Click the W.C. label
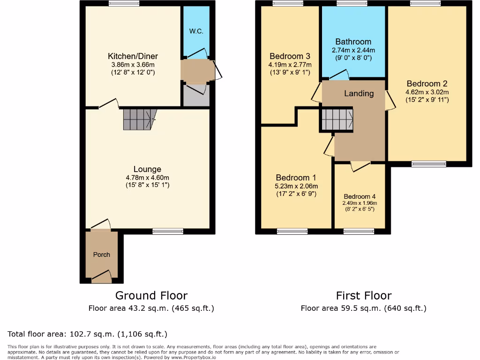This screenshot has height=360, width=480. (x=195, y=31)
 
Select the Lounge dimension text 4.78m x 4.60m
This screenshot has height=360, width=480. (x=148, y=178)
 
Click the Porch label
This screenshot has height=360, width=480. (x=102, y=255)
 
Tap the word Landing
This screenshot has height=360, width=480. (x=359, y=93)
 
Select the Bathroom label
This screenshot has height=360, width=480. (x=353, y=42)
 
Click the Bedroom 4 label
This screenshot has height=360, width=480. (x=360, y=196)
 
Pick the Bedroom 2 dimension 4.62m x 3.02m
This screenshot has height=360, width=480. (x=427, y=92)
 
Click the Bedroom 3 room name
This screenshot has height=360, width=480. (x=290, y=56)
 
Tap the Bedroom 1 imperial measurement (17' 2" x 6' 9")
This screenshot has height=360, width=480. (x=296, y=194)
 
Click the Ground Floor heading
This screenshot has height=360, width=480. (x=151, y=295)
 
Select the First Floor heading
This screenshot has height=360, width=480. (x=364, y=295)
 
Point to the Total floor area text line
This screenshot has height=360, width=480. (x=88, y=334)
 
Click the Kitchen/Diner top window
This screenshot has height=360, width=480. (x=124, y=4)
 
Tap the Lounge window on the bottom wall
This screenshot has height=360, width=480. (x=168, y=231)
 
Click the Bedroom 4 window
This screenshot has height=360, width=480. (x=359, y=231)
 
